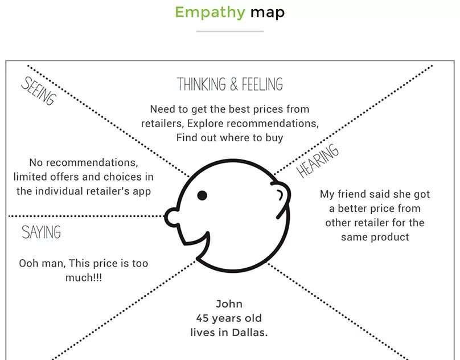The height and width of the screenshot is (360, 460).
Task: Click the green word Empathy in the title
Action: click(x=210, y=12)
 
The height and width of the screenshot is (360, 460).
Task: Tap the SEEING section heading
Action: click(x=39, y=91)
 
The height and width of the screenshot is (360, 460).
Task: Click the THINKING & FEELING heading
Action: click(x=230, y=85)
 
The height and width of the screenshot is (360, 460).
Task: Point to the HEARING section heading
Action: click(x=318, y=161)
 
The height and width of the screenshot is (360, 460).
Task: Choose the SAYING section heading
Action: click(x=41, y=232)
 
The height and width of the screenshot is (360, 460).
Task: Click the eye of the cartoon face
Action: click(x=202, y=195)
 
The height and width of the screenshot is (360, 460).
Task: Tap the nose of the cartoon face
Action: click(x=171, y=216)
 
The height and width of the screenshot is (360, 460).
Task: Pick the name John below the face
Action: click(x=229, y=304)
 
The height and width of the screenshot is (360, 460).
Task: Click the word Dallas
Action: click(x=248, y=332)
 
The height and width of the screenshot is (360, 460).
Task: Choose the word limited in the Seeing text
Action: click(x=31, y=177)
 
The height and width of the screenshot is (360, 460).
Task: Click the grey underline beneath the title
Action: click(x=230, y=31)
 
